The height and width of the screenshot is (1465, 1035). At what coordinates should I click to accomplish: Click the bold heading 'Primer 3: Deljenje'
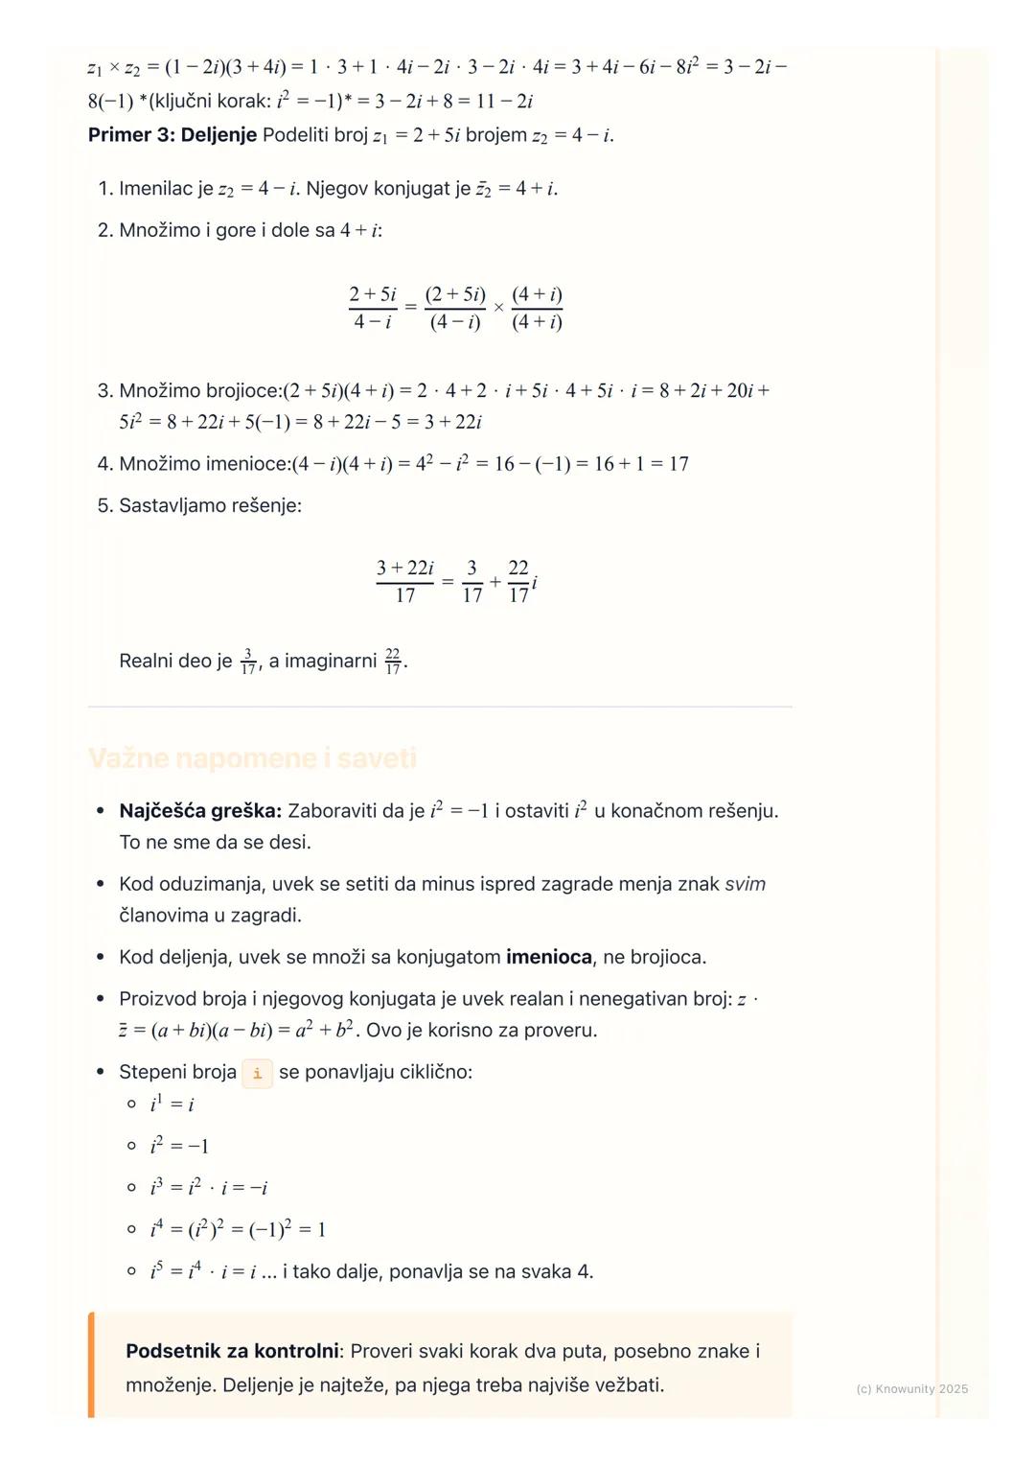172,135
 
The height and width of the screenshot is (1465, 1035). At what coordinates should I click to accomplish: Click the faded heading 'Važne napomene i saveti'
252,758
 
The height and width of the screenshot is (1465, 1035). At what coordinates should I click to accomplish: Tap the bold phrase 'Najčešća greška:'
200,811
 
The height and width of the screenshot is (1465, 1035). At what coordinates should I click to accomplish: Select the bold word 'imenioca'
549,957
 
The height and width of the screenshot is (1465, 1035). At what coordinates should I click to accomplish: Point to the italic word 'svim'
745,884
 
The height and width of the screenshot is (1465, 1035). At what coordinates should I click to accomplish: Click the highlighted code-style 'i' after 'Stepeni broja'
257,1073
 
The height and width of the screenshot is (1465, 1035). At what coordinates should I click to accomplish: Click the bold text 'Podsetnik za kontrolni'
232,1351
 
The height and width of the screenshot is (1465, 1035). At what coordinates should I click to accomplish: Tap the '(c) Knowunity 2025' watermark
911,1388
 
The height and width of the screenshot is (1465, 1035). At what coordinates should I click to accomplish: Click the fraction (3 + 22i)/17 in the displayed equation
404,581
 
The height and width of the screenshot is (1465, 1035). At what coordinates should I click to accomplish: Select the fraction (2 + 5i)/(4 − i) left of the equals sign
373,307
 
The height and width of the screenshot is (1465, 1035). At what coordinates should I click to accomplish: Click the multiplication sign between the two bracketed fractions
498,308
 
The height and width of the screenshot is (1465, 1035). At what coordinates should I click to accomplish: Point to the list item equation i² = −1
179,1146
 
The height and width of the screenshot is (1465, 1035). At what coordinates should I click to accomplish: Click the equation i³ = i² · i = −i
209,1188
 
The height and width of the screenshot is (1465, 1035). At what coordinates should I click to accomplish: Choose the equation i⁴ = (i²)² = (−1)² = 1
238,1230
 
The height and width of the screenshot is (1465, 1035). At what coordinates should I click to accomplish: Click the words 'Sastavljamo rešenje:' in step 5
210,505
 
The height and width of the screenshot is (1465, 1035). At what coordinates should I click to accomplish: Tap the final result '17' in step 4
678,464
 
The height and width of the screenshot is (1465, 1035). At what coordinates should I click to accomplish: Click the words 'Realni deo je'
175,661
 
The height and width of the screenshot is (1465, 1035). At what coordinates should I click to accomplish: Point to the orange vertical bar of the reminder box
91,1364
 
